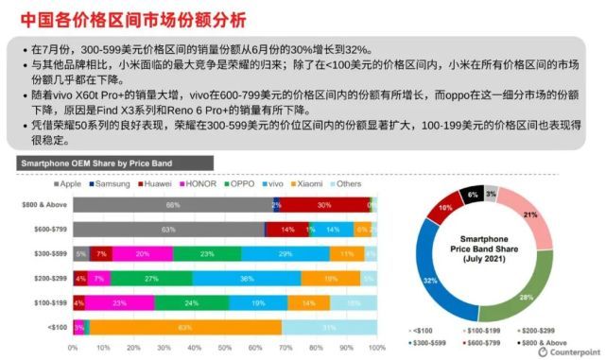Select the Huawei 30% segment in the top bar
pos(324,204)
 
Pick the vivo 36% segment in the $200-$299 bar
pos(247,278)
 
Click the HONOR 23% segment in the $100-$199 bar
pos(120,302)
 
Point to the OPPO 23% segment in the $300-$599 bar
pos(207,253)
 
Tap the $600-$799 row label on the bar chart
pos(50,229)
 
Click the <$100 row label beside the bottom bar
pos(57,327)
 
